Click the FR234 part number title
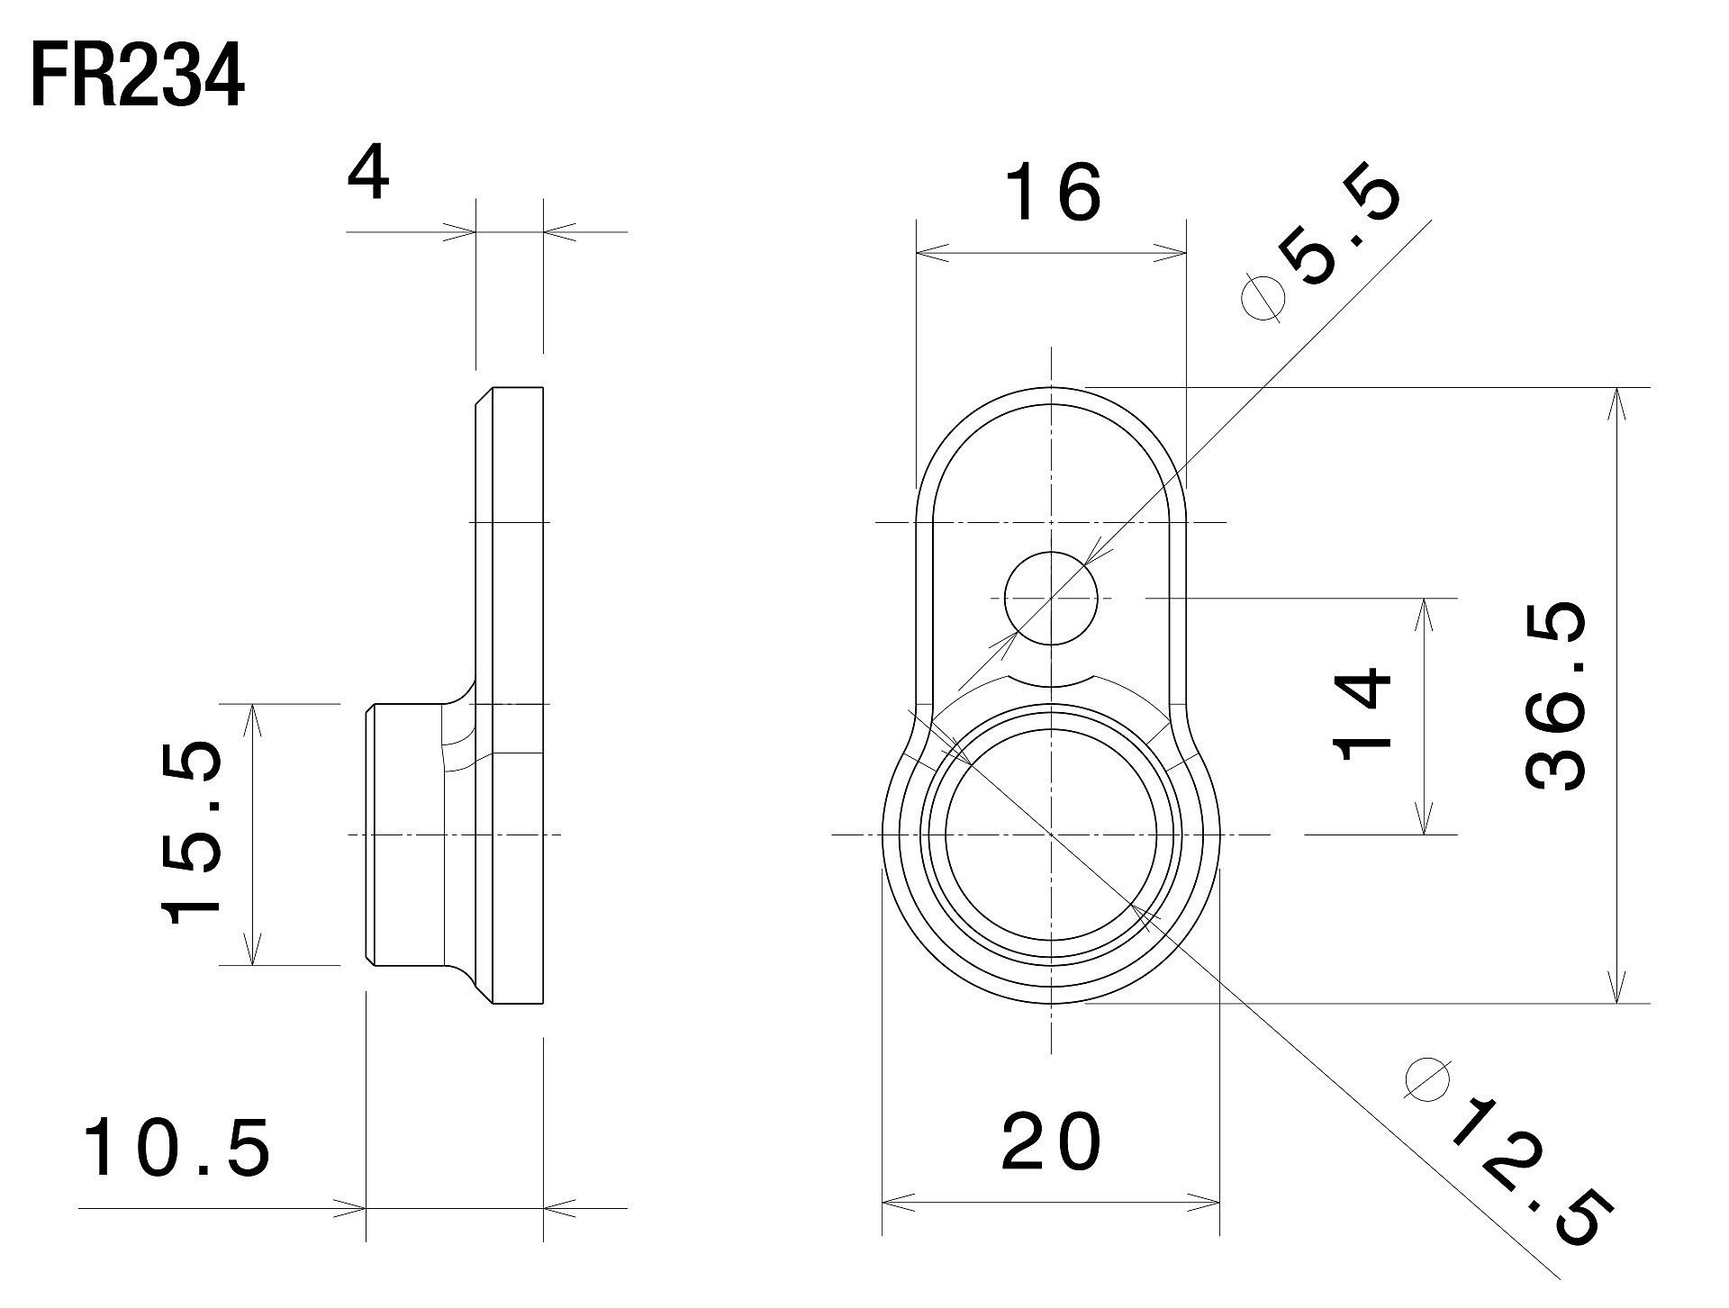point(137,79)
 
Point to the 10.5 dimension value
point(177,1148)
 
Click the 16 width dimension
point(1051,194)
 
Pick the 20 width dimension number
point(1051,1141)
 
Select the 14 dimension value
point(1362,714)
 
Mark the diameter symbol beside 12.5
point(1427,1078)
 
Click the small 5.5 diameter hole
point(1052,598)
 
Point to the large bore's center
point(1051,834)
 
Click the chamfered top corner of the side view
point(484,396)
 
